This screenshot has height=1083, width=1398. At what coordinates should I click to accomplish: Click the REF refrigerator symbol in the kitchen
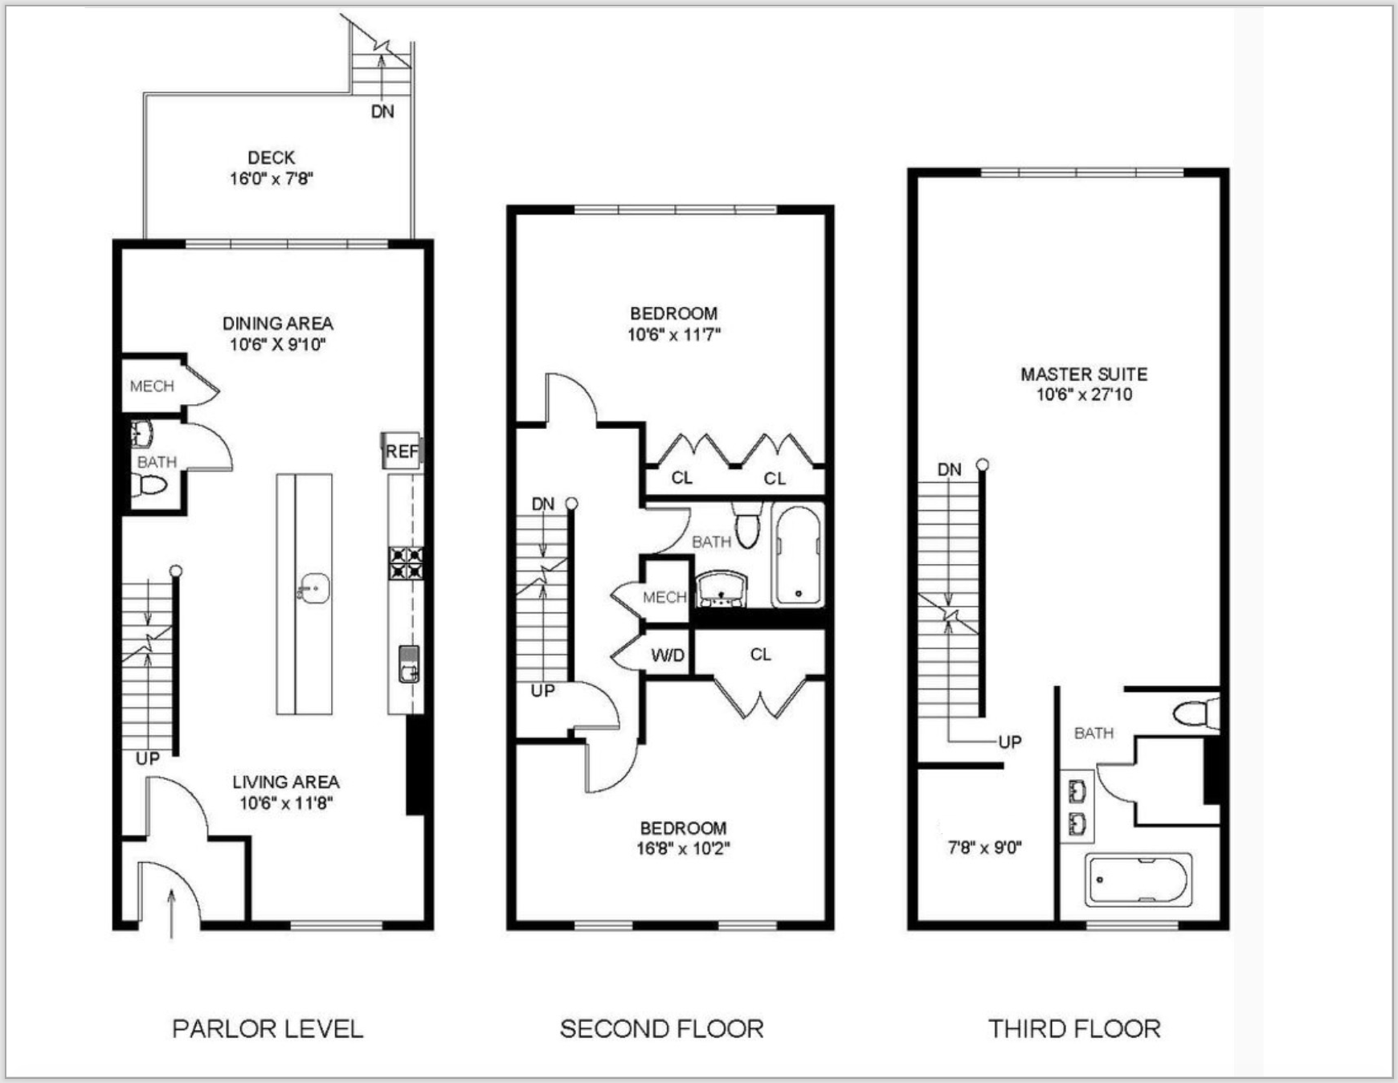(401, 452)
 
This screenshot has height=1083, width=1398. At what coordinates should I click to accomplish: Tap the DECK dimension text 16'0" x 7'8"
(271, 178)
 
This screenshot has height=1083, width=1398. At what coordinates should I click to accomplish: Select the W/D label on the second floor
(668, 656)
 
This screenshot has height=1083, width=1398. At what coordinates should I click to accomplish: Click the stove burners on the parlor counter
(406, 562)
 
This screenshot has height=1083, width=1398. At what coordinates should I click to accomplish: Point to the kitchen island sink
(313, 589)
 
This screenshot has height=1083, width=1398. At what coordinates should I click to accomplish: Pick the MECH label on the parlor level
(152, 386)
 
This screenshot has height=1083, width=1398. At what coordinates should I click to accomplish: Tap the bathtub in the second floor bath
(797, 555)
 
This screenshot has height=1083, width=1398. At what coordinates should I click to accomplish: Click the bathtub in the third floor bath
(1138, 881)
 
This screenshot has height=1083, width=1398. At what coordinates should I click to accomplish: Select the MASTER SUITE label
(1084, 374)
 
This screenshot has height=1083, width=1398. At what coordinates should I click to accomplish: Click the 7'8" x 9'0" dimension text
(984, 847)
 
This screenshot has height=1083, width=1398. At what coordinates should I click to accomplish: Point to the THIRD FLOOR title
(1074, 1028)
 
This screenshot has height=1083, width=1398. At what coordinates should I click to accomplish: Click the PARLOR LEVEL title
(268, 1028)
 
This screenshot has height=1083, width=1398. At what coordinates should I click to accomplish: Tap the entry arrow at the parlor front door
(171, 913)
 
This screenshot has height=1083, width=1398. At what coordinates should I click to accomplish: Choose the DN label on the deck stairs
(382, 112)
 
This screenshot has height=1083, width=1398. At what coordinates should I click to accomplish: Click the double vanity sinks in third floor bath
(1077, 807)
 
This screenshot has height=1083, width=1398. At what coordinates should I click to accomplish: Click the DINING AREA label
(277, 323)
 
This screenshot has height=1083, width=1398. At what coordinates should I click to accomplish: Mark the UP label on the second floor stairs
(542, 690)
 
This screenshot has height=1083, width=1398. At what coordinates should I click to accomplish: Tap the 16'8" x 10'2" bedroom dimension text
(683, 848)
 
